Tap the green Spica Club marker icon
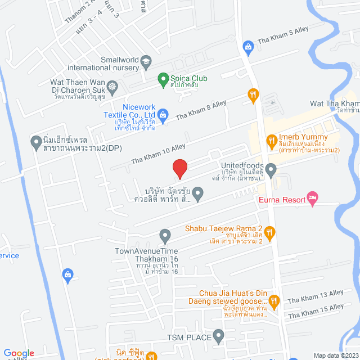(x=163, y=78)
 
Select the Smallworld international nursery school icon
(x=146, y=61)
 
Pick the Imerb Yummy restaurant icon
(x=271, y=138)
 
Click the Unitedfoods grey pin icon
(x=271, y=169)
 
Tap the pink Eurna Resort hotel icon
(x=313, y=197)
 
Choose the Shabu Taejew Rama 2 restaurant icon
(x=271, y=231)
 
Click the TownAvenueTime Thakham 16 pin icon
(x=165, y=235)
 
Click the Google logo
(x=19, y=353)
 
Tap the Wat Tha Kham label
(x=334, y=104)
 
